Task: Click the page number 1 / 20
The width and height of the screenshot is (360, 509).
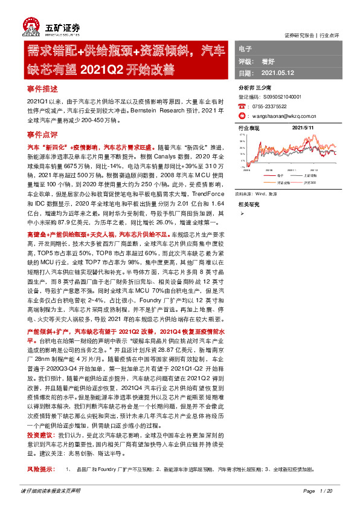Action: pos(326,490)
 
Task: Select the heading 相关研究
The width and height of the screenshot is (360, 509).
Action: pos(249,204)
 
